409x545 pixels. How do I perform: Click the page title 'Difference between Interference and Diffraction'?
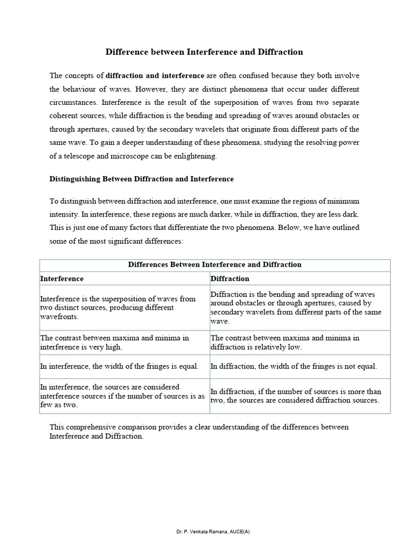[x=204, y=52]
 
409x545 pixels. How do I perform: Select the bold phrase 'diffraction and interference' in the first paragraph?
[x=155, y=76]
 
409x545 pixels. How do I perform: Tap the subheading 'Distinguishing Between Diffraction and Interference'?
[x=141, y=179]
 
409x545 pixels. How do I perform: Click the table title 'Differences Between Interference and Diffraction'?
[x=215, y=265]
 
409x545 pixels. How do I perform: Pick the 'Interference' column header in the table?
[x=62, y=278]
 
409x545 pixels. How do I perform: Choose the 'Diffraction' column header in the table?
[x=230, y=278]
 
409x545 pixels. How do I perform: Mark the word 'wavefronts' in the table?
[x=59, y=316]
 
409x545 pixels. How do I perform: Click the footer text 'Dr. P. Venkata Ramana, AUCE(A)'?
[x=204, y=532]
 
